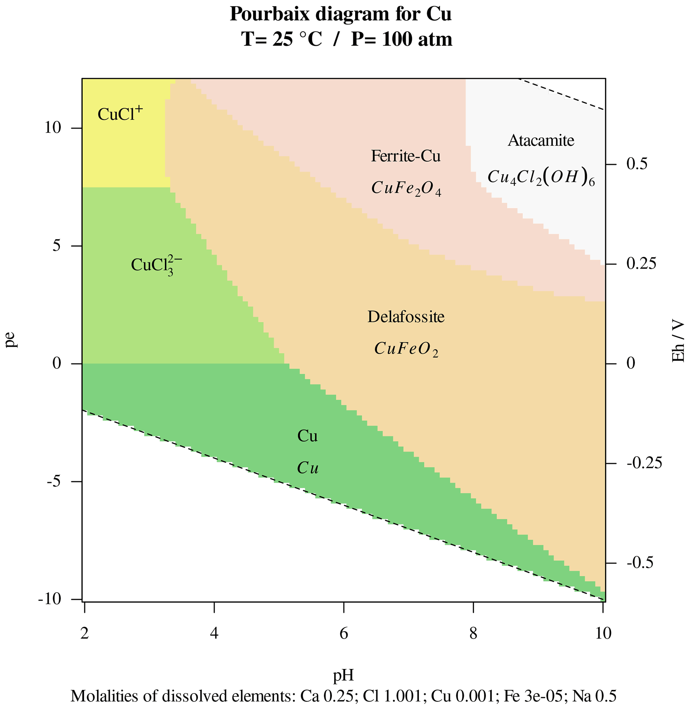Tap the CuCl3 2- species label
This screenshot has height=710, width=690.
[x=156, y=266]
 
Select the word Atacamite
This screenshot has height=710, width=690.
[x=541, y=141]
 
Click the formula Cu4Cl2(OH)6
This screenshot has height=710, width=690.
[x=541, y=177]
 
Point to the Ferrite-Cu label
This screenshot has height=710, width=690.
[x=406, y=156]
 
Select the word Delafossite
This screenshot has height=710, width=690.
[x=406, y=317]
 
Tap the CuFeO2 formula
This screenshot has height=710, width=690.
[x=406, y=349]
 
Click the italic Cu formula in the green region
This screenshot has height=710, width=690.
[x=308, y=468]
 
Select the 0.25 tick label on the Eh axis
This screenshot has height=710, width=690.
[x=641, y=264]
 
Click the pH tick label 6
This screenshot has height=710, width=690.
[x=343, y=633]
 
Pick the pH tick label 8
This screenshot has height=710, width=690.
[x=473, y=633]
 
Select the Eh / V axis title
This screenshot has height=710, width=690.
[x=678, y=341]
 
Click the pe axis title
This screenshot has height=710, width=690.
[x=12, y=339]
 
